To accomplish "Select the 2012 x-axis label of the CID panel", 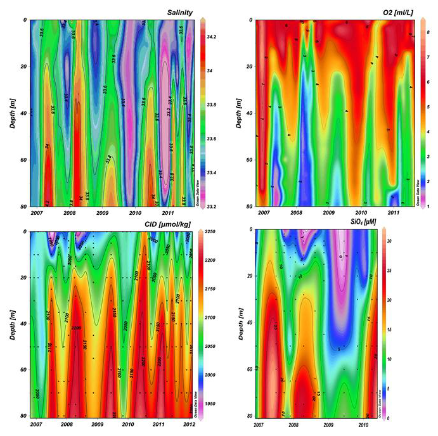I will [x=188, y=425].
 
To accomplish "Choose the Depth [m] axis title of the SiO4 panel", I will [x=242, y=323].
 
